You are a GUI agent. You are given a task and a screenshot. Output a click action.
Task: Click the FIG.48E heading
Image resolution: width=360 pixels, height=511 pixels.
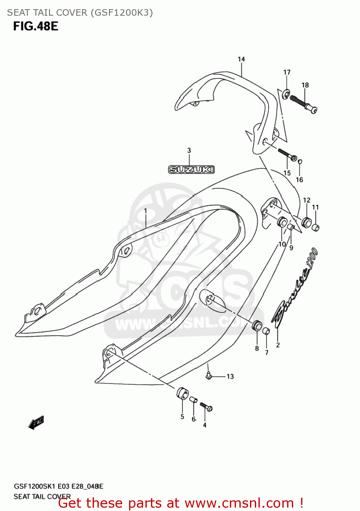point(36,26)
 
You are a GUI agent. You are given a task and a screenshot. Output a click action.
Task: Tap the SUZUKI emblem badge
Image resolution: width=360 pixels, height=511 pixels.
point(191,169)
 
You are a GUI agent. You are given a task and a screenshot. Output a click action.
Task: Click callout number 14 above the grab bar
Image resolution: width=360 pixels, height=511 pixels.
point(241,59)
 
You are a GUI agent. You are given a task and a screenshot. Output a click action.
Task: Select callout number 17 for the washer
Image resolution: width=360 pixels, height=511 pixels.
point(287,72)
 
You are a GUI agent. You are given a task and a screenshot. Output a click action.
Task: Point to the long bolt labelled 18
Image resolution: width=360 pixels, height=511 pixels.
point(303,103)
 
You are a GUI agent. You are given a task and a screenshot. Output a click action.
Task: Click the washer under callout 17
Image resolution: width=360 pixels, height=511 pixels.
point(286,92)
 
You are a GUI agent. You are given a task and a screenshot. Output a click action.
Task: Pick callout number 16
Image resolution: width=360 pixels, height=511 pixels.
point(299,180)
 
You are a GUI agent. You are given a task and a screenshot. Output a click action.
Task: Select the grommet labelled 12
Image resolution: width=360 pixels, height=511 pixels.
point(307,223)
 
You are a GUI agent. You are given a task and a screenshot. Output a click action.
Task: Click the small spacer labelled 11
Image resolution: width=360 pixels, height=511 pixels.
point(316,227)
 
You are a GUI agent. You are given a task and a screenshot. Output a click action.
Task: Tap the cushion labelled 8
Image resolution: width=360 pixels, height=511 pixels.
point(257,326)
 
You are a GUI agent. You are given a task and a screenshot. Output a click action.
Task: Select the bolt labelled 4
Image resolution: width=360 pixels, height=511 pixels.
point(206,406)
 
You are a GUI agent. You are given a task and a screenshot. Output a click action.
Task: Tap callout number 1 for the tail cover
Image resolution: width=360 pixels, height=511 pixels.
point(145,211)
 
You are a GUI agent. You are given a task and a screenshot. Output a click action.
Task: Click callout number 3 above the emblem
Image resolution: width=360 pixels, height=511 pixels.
point(189,150)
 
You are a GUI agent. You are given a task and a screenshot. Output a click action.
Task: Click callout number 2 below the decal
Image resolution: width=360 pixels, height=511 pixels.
point(278,345)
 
